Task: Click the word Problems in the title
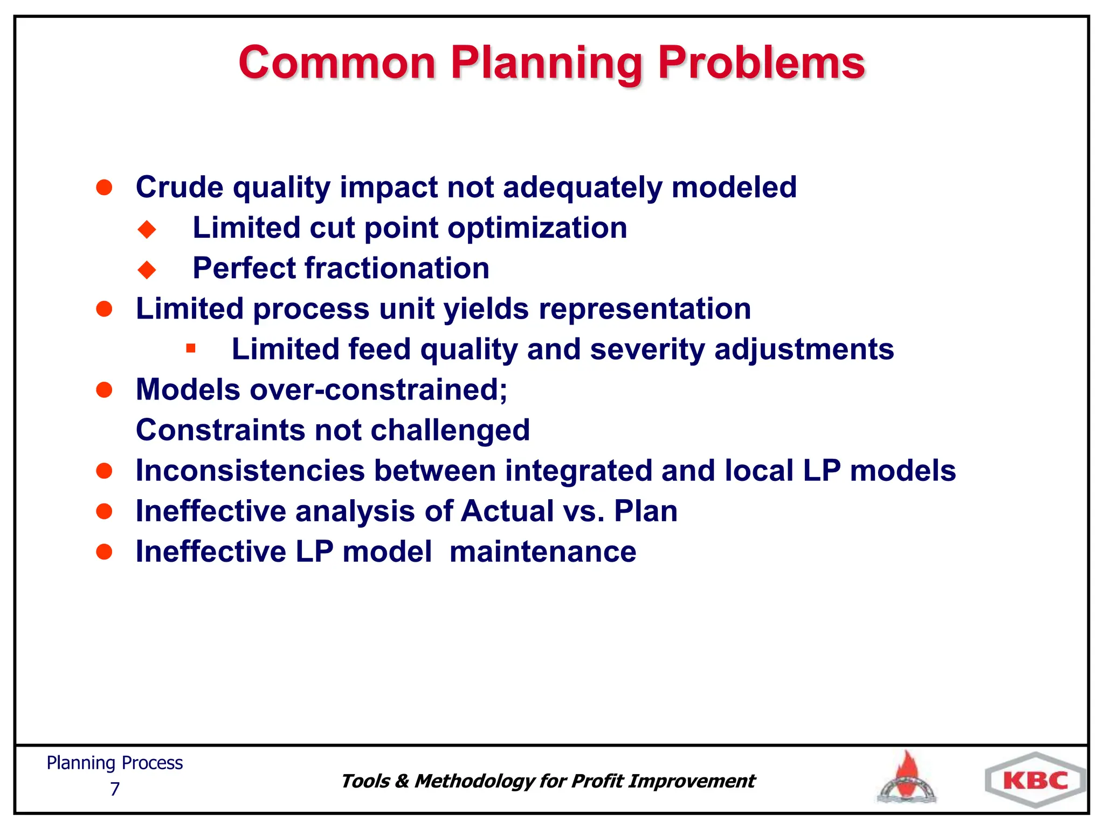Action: click(761, 63)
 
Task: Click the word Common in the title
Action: click(337, 63)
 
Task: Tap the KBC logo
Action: click(1035, 780)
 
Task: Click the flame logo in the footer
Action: click(907, 778)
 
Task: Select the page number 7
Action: click(114, 789)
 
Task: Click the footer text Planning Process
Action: click(114, 763)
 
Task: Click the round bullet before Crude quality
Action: click(104, 187)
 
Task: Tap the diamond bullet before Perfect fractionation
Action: click(147, 269)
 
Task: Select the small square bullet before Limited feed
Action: click(190, 348)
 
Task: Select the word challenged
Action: click(450, 430)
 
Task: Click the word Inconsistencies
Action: click(250, 470)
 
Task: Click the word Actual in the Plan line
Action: click(507, 510)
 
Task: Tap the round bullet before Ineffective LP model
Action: click(104, 551)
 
